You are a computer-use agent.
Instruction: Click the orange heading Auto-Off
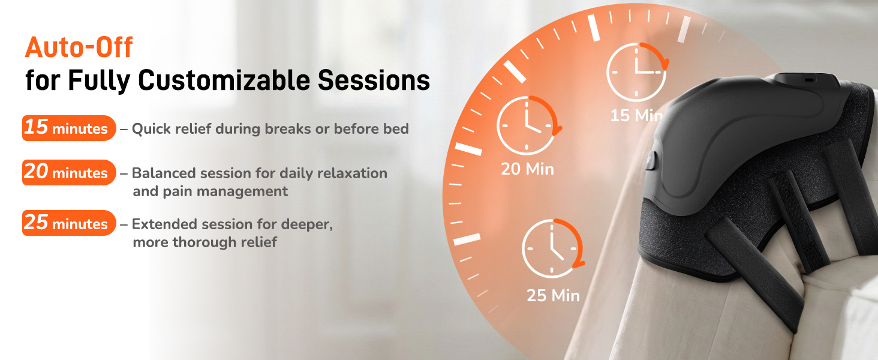click(x=79, y=47)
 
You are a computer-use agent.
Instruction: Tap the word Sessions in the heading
click(x=374, y=80)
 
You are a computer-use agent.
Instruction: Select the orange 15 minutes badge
click(x=69, y=128)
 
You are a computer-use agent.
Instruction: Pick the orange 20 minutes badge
click(x=69, y=172)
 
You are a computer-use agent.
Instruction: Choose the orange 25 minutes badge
click(x=69, y=223)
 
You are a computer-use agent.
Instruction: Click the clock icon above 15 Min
click(x=638, y=72)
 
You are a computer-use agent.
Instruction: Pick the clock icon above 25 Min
click(x=554, y=248)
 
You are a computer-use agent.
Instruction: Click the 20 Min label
click(x=528, y=169)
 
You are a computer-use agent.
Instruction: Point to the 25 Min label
click(x=553, y=295)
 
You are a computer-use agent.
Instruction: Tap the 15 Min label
click(x=636, y=115)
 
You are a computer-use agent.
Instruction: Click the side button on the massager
click(x=651, y=160)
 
